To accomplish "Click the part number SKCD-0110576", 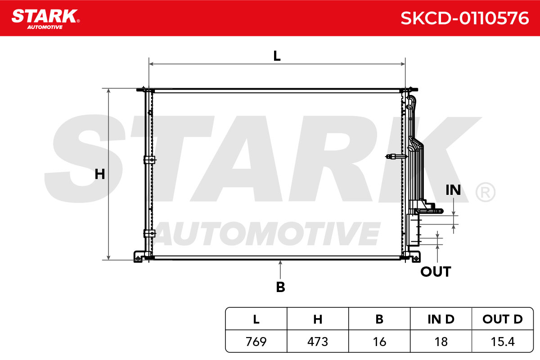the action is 464,18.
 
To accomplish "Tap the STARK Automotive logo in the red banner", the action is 46,19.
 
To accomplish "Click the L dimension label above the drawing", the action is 277,56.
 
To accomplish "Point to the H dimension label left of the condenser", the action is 100,174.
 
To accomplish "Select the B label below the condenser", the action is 280,287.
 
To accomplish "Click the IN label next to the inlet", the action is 453,190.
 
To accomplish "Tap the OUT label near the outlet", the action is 436,272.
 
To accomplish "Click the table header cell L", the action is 256,319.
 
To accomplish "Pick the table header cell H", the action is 318,319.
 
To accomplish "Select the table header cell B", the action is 379,319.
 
